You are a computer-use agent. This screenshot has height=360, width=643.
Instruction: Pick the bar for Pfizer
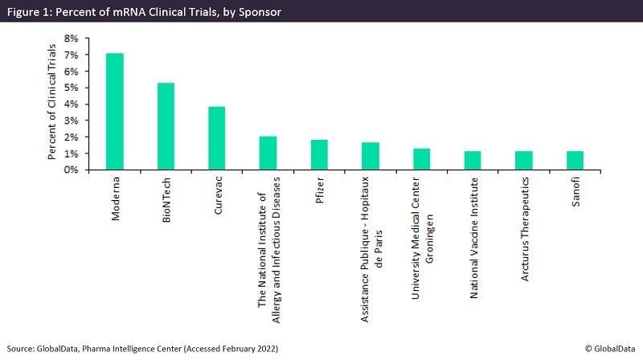click(x=319, y=155)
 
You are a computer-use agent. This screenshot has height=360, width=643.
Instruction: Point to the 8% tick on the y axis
click(x=71, y=38)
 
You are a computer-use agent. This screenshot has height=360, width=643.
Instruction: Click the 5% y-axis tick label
click(x=71, y=88)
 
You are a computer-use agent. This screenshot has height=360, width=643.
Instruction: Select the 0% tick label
click(x=71, y=170)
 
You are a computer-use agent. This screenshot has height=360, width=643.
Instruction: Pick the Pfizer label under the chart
click(x=319, y=190)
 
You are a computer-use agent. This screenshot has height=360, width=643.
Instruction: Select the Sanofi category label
click(x=574, y=193)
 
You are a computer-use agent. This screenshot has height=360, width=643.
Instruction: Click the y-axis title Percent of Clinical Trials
click(x=52, y=104)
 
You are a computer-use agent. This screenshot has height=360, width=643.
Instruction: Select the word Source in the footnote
click(x=23, y=349)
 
